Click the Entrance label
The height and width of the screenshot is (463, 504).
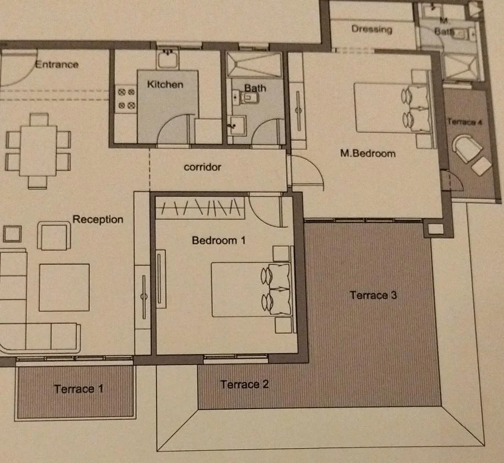point(57,64)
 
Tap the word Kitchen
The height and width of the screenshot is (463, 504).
point(165,84)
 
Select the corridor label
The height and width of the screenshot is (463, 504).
point(202,167)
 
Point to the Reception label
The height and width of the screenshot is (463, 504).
point(98,219)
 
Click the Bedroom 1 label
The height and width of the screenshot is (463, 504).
point(219,240)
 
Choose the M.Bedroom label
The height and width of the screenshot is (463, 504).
point(368,153)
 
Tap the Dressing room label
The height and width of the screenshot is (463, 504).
point(372,29)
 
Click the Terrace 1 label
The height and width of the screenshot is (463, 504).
point(79,389)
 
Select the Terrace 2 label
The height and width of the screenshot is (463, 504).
point(244,384)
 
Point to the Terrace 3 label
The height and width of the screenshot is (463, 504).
point(373,295)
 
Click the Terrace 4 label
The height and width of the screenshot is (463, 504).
point(465,122)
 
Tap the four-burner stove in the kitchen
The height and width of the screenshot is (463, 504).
point(126,99)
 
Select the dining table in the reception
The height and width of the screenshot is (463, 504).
point(38,151)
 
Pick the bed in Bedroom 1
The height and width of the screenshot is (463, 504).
point(251,290)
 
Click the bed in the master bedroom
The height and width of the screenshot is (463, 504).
point(391,108)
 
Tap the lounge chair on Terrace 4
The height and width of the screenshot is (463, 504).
point(467,148)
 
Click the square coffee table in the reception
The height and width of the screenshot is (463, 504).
point(64,288)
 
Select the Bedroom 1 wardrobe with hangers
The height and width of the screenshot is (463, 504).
point(200,207)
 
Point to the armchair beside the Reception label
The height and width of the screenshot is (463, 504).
point(54,236)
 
